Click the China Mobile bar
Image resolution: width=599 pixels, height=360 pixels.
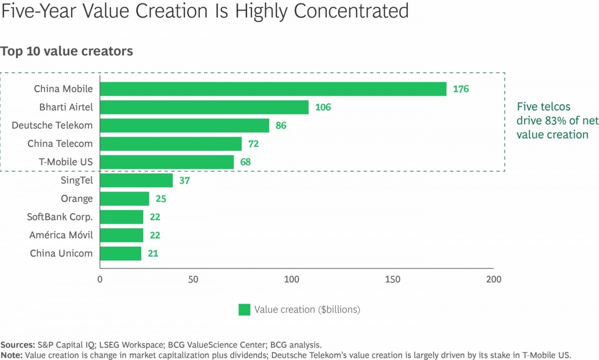pyautogui.click(x=273, y=89)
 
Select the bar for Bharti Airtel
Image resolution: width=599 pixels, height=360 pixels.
pyautogui.click(x=204, y=107)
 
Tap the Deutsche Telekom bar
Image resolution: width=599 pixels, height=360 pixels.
pyautogui.click(x=185, y=125)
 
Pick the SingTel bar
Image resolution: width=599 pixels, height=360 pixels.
pyautogui.click(x=136, y=180)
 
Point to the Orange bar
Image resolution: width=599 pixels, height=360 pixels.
pyautogui.click(x=124, y=199)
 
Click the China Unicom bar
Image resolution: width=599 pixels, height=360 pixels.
pyautogui.click(x=120, y=253)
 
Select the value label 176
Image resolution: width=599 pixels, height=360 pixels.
pyautogui.click(x=461, y=89)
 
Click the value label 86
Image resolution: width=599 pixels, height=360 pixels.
pyautogui.click(x=281, y=126)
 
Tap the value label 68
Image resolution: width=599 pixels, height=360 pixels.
pyautogui.click(x=245, y=162)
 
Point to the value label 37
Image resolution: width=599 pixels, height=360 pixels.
pyautogui.click(x=184, y=181)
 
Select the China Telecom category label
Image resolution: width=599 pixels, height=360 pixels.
pyautogui.click(x=60, y=144)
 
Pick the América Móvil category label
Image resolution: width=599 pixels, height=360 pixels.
pyautogui.click(x=61, y=235)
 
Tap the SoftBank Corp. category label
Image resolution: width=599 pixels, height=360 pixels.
pyautogui.click(x=60, y=217)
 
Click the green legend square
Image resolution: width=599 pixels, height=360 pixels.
pyautogui.click(x=244, y=310)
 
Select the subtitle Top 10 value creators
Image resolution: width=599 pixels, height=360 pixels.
pyautogui.click(x=67, y=51)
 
